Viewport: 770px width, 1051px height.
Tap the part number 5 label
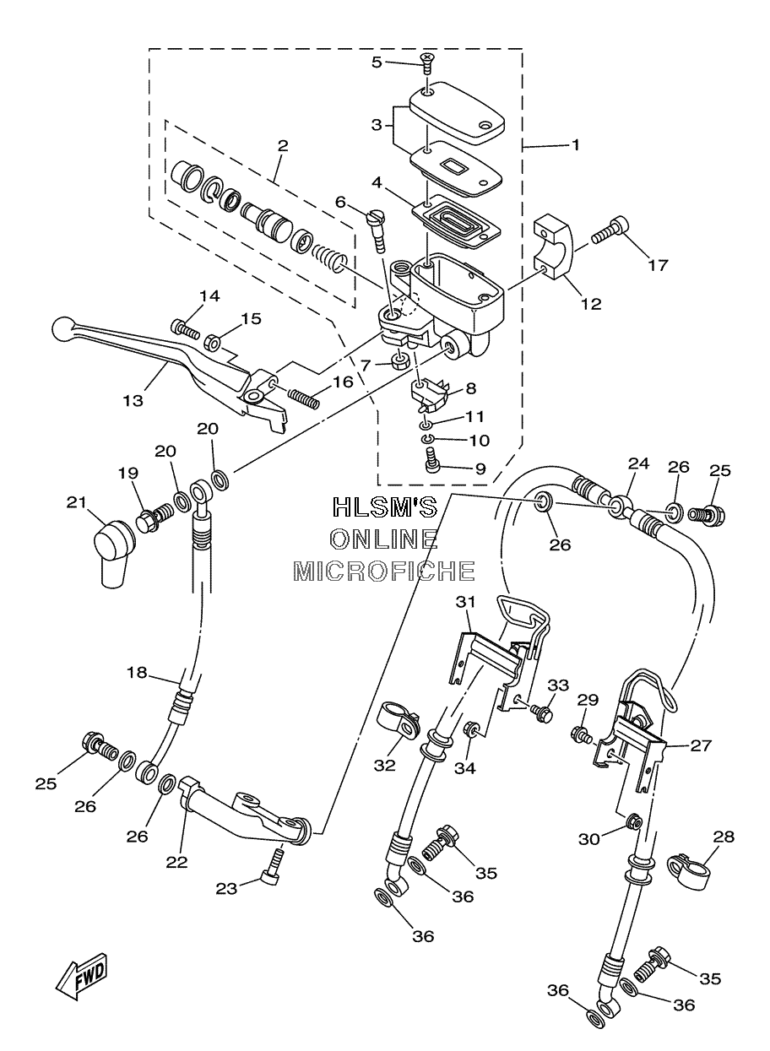pos(377,62)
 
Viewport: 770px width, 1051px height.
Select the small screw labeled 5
pos(427,62)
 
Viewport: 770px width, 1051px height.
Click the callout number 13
pos(133,401)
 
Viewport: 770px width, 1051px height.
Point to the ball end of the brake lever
pos(62,329)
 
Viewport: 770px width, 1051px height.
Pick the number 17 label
pos(658,266)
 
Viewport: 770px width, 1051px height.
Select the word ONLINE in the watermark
pos(385,539)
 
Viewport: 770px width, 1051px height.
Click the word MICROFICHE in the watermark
pos(384,571)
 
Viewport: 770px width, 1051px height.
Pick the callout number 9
pos(480,469)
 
